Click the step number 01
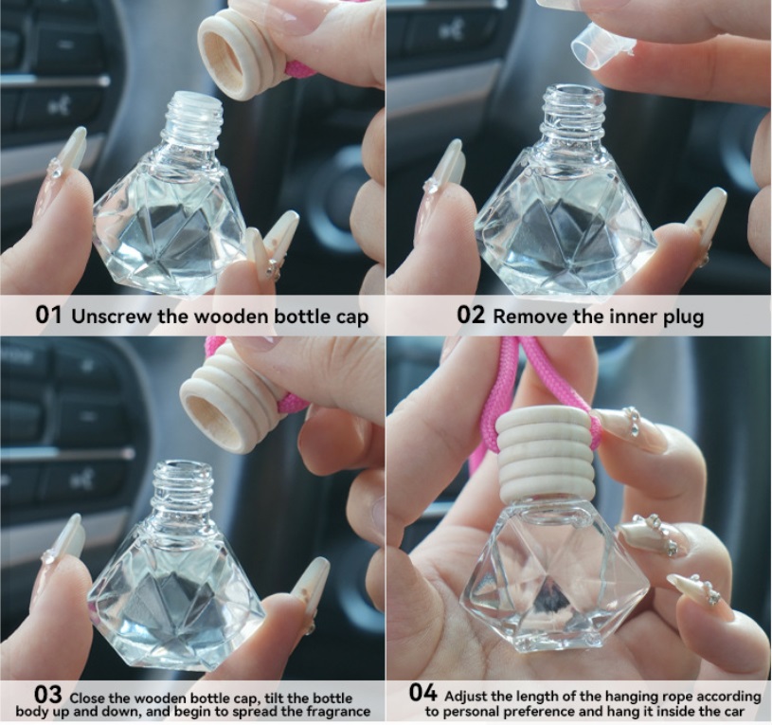click(48, 316)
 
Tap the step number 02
click(471, 316)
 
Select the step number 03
click(48, 695)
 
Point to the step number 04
click(423, 693)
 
